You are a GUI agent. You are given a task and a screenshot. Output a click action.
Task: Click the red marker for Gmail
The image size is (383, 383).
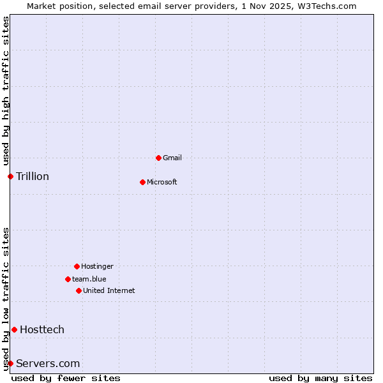click(x=158, y=158)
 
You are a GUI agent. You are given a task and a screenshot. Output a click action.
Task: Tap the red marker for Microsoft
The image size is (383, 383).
click(x=142, y=182)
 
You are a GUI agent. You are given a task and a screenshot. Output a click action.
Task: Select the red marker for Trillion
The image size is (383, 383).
click(x=10, y=176)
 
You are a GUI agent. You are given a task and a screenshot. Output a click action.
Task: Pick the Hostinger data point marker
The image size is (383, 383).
click(x=77, y=266)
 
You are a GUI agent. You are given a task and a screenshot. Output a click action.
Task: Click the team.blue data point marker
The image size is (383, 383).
click(x=68, y=279)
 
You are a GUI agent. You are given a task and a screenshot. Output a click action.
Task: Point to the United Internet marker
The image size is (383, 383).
click(x=79, y=290)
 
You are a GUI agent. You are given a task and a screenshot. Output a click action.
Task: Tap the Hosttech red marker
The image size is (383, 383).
click(x=14, y=329)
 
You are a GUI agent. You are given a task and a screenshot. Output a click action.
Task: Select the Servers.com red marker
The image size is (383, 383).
click(x=10, y=363)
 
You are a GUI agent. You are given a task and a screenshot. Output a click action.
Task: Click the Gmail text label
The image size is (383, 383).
click(x=172, y=158)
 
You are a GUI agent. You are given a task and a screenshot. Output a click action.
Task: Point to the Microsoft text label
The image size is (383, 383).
click(x=162, y=182)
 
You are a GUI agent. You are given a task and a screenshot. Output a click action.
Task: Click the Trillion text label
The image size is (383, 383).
click(x=33, y=176)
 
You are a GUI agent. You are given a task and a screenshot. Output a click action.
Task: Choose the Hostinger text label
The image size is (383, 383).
click(x=97, y=266)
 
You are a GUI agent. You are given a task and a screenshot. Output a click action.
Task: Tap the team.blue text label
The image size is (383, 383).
click(x=89, y=279)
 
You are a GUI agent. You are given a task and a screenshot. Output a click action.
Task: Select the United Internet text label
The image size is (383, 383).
click(x=109, y=290)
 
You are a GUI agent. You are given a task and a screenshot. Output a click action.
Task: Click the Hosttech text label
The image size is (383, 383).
click(x=42, y=329)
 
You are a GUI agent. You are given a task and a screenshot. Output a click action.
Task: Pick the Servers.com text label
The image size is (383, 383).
click(x=48, y=363)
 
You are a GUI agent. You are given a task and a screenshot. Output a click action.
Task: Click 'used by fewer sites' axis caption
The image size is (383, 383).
click(x=66, y=378)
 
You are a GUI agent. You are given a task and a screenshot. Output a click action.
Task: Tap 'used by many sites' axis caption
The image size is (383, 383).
click(x=320, y=378)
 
